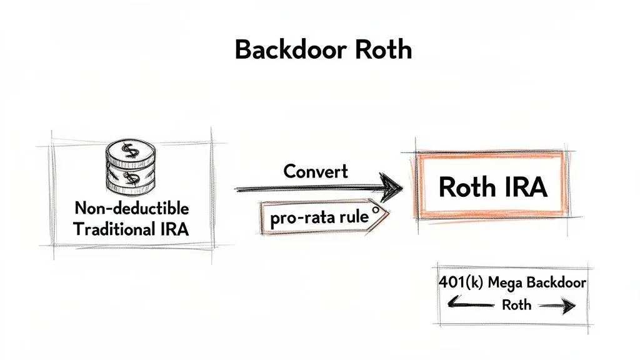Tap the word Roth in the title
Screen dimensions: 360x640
coord(382,49)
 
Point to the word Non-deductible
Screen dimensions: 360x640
coord(131,207)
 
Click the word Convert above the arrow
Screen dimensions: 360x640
coord(316,171)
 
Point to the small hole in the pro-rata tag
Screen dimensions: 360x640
coord(375,211)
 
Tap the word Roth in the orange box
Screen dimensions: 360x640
coord(466,186)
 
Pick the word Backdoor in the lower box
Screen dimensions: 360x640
coord(556,282)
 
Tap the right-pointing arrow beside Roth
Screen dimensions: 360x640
coord(558,306)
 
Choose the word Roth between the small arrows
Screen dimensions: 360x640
coord(516,304)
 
